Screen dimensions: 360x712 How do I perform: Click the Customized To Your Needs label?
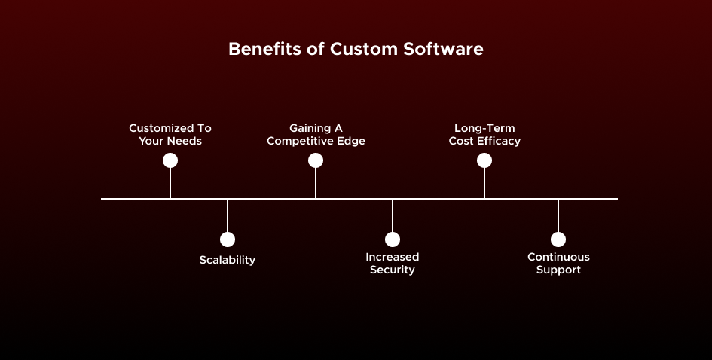170,134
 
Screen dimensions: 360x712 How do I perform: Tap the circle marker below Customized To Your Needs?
170,160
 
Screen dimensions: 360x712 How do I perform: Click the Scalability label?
228,260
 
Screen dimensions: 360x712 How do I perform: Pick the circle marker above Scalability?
228,239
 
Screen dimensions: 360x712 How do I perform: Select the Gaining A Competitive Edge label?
316,134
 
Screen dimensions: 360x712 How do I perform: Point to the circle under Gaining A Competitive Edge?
316,160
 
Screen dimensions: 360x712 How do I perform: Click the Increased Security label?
393,263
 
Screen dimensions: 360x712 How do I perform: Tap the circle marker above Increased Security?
393,239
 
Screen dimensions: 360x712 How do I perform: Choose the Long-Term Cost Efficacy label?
484,134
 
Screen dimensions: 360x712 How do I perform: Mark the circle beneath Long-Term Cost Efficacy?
484,160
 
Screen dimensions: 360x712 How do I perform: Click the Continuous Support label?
558,263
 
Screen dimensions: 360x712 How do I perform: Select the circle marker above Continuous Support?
558,239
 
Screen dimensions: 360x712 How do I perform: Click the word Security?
393,270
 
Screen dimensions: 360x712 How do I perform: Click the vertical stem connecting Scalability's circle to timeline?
228,216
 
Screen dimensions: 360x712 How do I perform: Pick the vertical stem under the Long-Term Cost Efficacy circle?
484,183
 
